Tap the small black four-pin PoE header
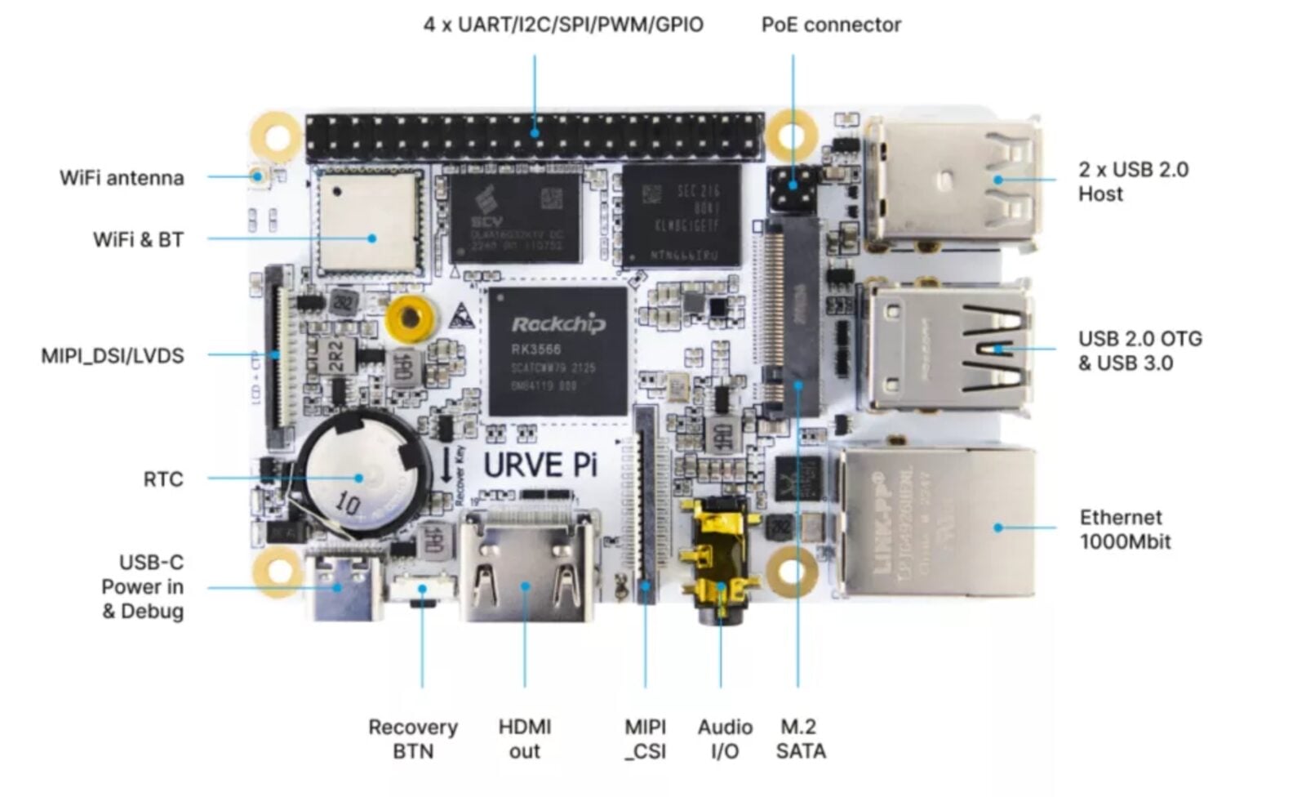click(793, 189)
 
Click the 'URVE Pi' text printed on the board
click(540, 465)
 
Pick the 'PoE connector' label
click(831, 25)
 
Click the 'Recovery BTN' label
click(413, 739)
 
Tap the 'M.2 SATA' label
click(800, 739)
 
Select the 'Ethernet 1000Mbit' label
click(1125, 529)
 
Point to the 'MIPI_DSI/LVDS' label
click(113, 356)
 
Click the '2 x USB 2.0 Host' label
click(1132, 181)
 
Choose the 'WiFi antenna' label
click(122, 178)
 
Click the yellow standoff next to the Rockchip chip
click(409, 318)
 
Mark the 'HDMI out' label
click(525, 739)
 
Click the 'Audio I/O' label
click(725, 739)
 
